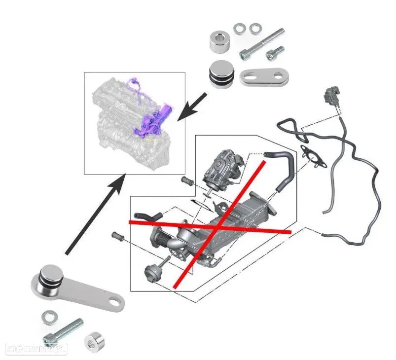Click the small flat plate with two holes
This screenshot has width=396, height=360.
[x=264, y=76]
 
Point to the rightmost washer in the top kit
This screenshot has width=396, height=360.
[x=255, y=28]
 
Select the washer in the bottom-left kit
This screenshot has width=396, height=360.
[x=49, y=316]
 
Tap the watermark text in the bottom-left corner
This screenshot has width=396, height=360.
[x=35, y=349]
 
